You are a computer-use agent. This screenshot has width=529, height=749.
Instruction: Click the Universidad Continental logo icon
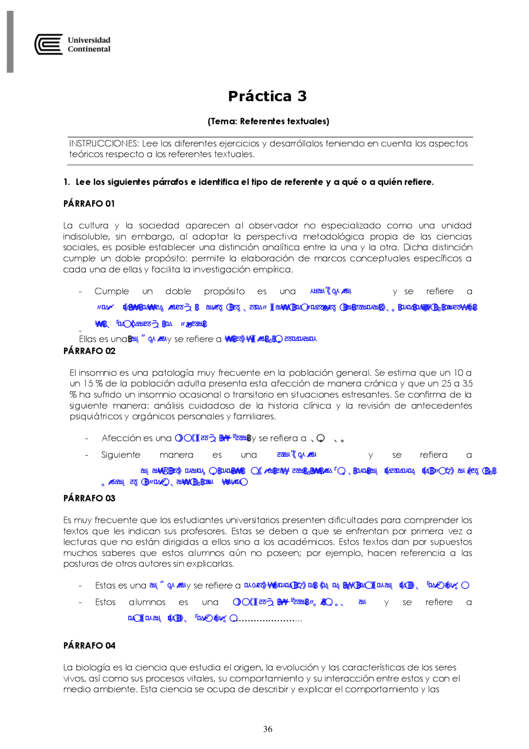coord(49,45)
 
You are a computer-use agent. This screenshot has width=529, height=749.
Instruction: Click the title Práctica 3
coord(267,96)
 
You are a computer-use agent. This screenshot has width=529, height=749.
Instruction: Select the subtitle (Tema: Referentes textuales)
coord(268,121)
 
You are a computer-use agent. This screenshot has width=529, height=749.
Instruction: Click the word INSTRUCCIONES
coord(104,144)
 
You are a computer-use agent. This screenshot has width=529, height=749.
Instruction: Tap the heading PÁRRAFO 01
coord(89,203)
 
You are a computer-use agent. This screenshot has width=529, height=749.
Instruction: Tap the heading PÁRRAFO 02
coord(89,351)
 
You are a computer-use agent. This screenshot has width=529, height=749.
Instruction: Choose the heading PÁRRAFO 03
coord(89,498)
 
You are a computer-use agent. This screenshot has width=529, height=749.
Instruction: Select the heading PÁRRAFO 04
coord(89,645)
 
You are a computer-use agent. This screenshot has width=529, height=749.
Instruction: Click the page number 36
coord(268,729)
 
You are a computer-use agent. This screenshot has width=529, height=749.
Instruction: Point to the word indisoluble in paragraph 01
coord(86,237)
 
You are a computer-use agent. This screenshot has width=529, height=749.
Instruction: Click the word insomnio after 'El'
coord(98,373)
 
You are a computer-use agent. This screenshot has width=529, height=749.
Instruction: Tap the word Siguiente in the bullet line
coord(121,455)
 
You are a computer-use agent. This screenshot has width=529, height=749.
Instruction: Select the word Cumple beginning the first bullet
coord(112,291)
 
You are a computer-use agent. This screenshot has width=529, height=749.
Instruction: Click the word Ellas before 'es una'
coord(88,339)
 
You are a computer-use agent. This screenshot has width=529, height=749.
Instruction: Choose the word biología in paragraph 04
coord(93,668)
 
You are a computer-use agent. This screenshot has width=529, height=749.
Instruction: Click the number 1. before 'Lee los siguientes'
coord(67,182)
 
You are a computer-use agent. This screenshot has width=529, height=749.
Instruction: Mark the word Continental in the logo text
coord(89,49)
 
